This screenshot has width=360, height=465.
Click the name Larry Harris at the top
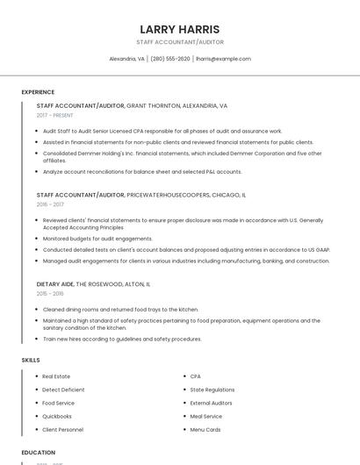click(x=180, y=29)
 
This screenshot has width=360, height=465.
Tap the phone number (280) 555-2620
click(x=170, y=59)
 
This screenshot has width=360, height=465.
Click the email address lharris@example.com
click(x=223, y=59)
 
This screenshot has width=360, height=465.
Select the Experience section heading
click(x=38, y=92)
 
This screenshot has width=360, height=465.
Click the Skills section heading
click(x=31, y=360)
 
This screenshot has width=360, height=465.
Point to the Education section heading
click(x=39, y=453)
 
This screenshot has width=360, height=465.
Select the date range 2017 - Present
click(x=54, y=115)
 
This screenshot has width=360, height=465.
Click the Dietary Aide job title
click(x=54, y=284)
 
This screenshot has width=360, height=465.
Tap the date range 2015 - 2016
click(x=50, y=294)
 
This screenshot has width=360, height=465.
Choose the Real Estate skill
click(x=56, y=376)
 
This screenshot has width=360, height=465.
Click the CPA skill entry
click(x=196, y=376)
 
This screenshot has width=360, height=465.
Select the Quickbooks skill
click(x=57, y=417)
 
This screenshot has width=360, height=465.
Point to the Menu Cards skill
click(x=205, y=430)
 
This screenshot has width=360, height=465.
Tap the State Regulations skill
click(x=212, y=390)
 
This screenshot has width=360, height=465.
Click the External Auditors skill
click(x=212, y=403)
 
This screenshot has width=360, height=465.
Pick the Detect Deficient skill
click(x=63, y=390)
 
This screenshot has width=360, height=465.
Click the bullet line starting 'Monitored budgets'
click(x=97, y=238)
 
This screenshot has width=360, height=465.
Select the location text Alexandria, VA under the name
click(x=126, y=59)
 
